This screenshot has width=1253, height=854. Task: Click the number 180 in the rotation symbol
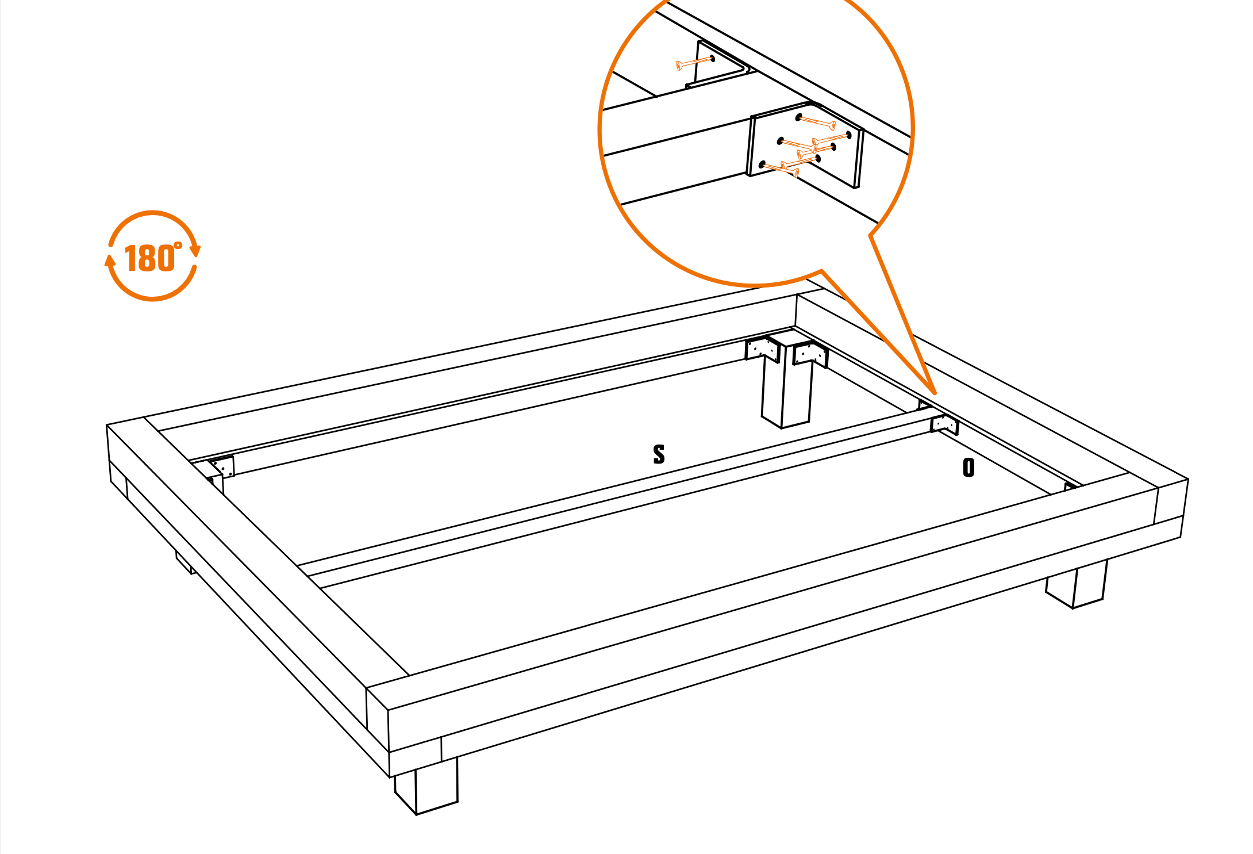click(x=149, y=258)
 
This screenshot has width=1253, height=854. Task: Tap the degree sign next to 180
click(x=178, y=246)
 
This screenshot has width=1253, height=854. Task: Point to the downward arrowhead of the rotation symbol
click(x=195, y=251)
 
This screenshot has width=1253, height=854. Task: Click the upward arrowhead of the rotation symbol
click(x=110, y=261)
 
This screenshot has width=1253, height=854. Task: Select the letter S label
click(x=659, y=454)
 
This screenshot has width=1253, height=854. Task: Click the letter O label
click(x=969, y=468)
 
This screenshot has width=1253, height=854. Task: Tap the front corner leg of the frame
click(x=426, y=786)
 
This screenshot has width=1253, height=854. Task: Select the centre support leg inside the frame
click(x=787, y=382)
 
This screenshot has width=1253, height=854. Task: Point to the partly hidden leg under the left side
click(x=186, y=562)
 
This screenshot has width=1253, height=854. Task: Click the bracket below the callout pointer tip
click(x=944, y=424)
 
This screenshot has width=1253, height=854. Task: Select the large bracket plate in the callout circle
click(x=805, y=145)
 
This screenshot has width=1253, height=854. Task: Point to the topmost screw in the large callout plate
click(x=816, y=122)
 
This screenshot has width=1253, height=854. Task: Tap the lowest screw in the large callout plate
click(x=779, y=168)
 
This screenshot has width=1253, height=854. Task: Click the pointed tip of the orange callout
click(x=935, y=393)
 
